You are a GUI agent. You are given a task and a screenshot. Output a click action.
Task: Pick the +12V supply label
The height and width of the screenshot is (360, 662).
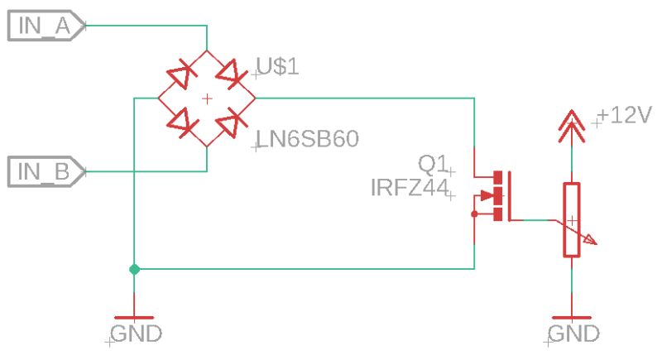[x=626, y=115]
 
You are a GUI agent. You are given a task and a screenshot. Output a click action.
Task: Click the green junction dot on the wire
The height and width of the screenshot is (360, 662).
[x=134, y=269]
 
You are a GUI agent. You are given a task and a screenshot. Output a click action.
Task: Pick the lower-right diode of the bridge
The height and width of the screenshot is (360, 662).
[x=230, y=123]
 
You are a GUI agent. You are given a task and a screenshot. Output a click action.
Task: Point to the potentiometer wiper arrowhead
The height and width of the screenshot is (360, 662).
[x=590, y=241]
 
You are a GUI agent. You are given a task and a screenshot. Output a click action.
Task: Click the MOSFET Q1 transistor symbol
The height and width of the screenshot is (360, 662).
[x=496, y=196]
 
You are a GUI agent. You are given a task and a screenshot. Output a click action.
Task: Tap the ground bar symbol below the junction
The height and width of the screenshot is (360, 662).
[x=134, y=317]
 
